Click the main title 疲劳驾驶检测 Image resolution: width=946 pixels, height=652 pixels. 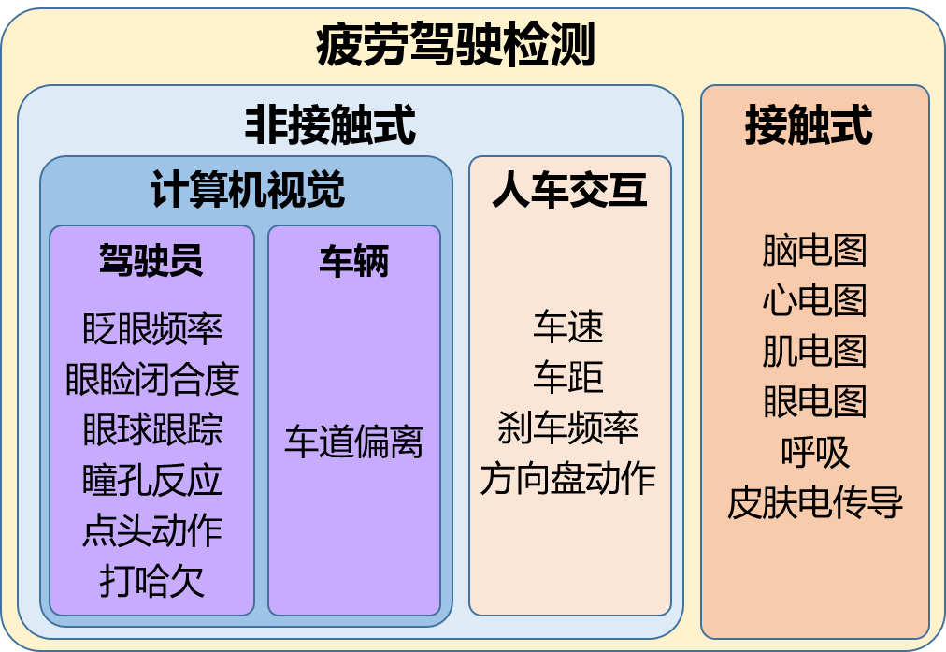click(455, 45)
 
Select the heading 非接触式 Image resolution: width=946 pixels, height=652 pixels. click(330, 125)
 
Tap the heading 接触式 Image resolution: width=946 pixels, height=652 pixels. click(809, 125)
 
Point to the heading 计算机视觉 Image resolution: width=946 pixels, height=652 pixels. click(248, 191)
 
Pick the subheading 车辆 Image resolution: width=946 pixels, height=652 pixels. click(353, 261)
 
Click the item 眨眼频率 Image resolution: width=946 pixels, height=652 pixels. click(152, 328)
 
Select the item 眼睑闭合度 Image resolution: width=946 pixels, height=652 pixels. click(152, 379)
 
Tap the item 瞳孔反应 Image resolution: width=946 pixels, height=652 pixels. click(152, 480)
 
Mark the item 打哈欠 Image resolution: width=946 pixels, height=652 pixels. click(152, 581)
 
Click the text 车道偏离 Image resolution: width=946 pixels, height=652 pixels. click(353, 442)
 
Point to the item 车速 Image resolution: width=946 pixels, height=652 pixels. click(568, 327)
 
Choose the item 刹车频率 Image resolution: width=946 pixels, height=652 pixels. click(568, 428)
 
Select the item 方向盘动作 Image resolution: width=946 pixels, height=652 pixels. click(568, 479)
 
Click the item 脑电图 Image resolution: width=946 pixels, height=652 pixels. click(814, 251)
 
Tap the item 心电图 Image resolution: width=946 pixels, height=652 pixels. click(814, 301)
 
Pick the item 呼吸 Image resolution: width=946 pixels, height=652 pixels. click(814, 453)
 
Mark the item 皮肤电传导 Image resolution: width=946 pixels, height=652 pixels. click(814, 503)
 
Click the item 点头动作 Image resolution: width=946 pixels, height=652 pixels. click(152, 530)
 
